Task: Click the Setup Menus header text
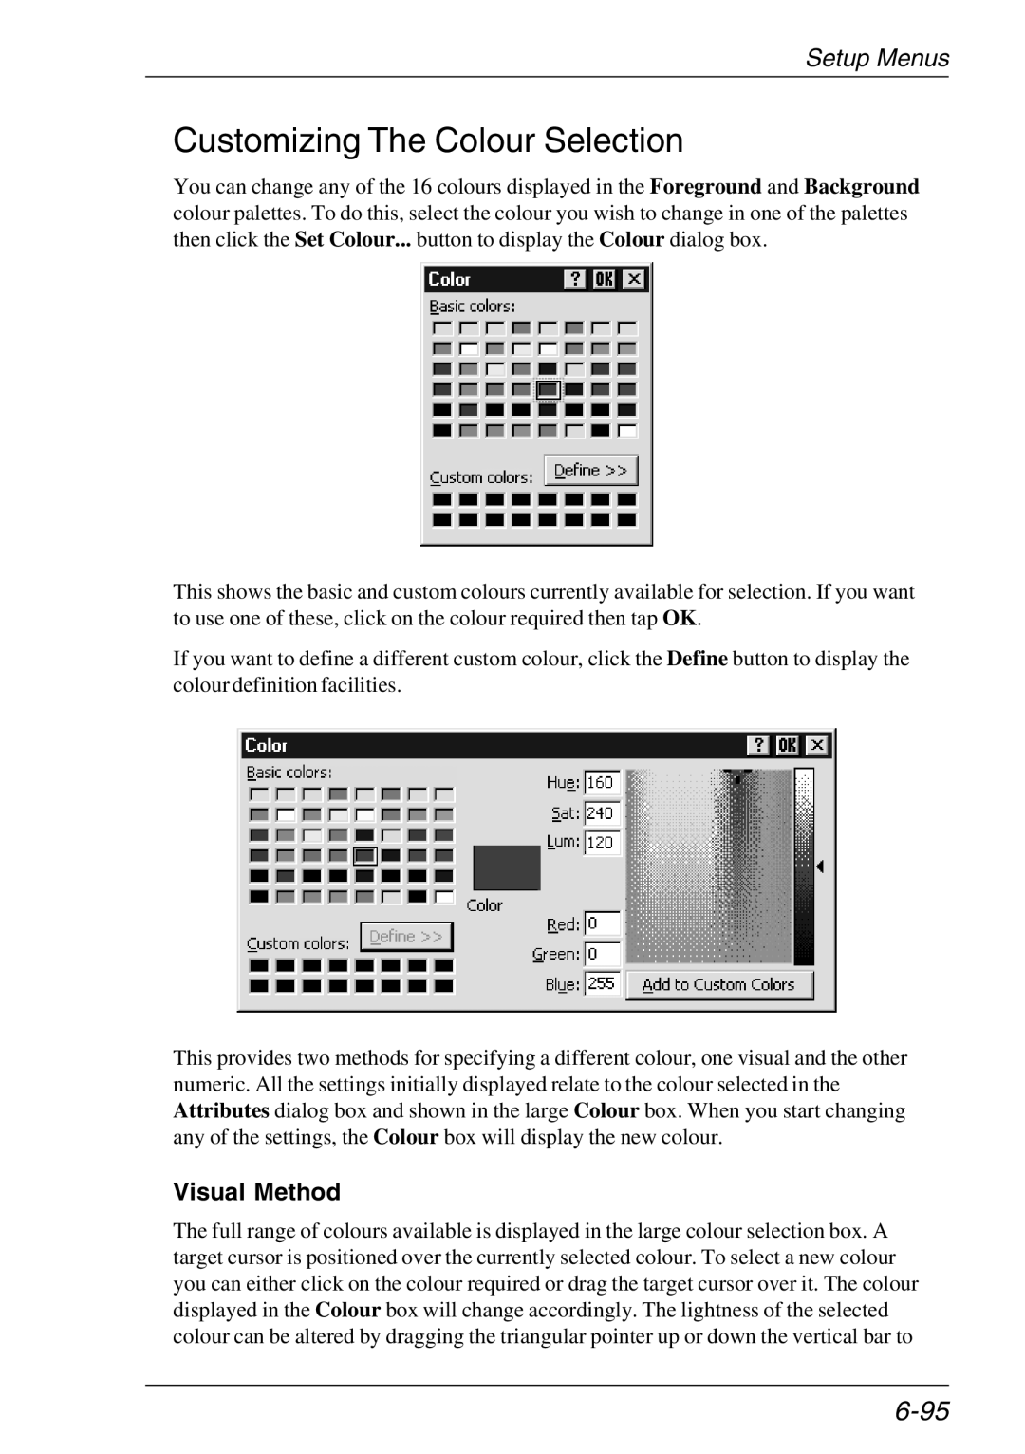click(x=877, y=59)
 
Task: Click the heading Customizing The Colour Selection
click(x=428, y=140)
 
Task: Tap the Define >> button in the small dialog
click(x=590, y=471)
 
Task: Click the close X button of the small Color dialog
click(x=634, y=279)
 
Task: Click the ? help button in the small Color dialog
click(x=575, y=279)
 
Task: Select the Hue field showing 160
click(x=602, y=783)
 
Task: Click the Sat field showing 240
click(x=602, y=813)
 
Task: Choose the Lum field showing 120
click(x=602, y=843)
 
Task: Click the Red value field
click(x=602, y=923)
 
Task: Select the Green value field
click(x=602, y=954)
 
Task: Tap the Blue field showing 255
click(x=602, y=984)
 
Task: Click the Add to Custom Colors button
click(x=718, y=985)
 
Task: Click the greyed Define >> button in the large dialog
click(x=406, y=937)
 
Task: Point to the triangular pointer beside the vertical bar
click(x=820, y=867)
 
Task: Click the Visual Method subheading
click(x=256, y=1192)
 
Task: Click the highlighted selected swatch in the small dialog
click(x=549, y=390)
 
